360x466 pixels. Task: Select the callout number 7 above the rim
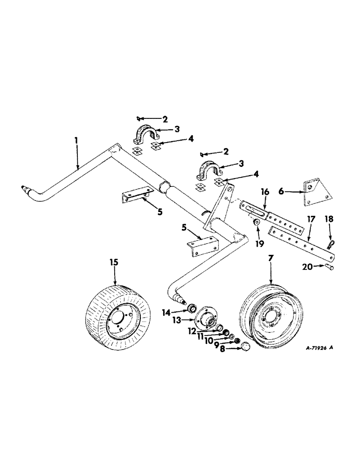click(271, 258)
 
